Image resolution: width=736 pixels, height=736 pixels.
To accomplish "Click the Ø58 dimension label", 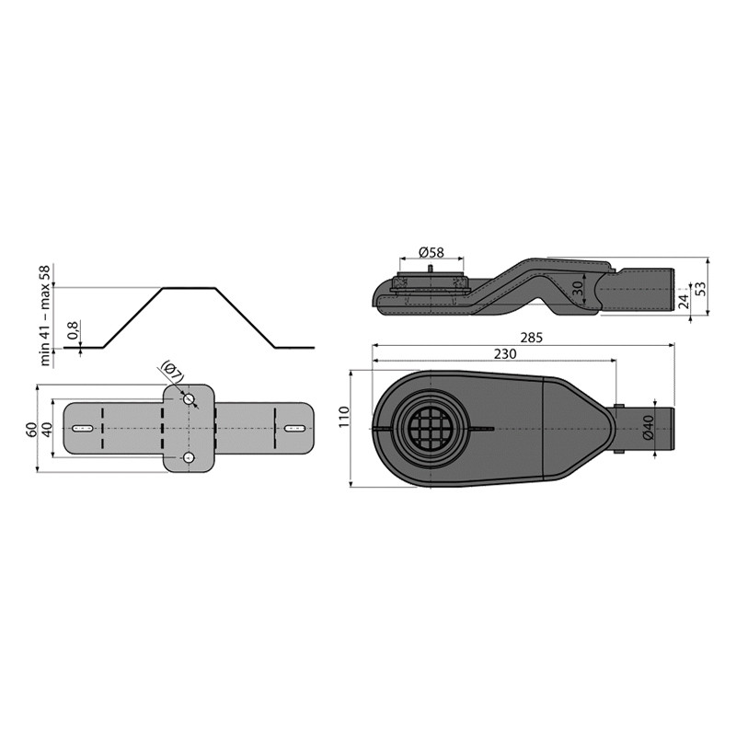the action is point(431,252).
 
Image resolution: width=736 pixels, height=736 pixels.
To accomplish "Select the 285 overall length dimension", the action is point(532,338).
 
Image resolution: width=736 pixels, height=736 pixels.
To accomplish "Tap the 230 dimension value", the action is point(504,353).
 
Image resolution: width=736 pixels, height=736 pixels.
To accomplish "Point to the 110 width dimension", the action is point(343,418).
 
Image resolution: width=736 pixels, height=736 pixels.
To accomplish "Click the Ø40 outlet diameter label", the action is point(648,428).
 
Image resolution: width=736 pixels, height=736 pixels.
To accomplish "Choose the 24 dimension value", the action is point(684,300).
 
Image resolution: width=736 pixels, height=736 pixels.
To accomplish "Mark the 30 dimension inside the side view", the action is point(578,288).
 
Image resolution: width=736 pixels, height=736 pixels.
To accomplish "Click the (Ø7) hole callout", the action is point(172,372).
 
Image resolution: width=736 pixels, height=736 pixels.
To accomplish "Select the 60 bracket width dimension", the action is point(30,428).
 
